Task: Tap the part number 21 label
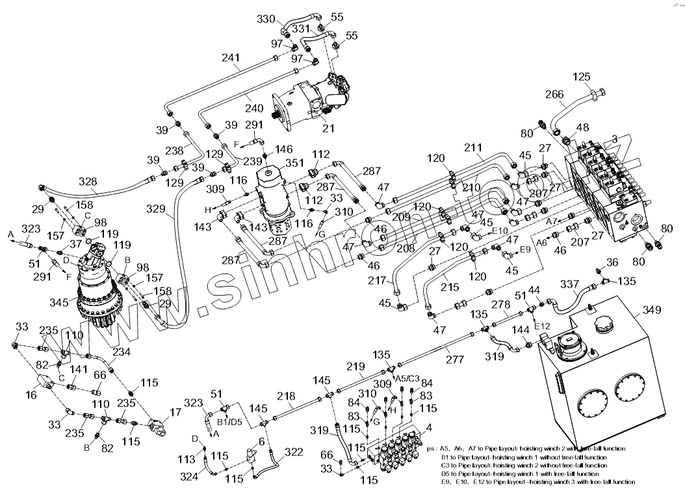pyautogui.click(x=328, y=128)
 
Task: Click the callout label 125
pyautogui.click(x=582, y=77)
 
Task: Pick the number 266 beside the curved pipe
pyautogui.click(x=554, y=94)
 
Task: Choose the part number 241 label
pyautogui.click(x=231, y=57)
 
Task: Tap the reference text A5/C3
pyautogui.click(x=408, y=378)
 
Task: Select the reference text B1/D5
pyautogui.click(x=230, y=421)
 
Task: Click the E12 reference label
pyautogui.click(x=542, y=325)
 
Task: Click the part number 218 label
pyautogui.click(x=287, y=396)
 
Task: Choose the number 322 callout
pyautogui.click(x=294, y=452)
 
